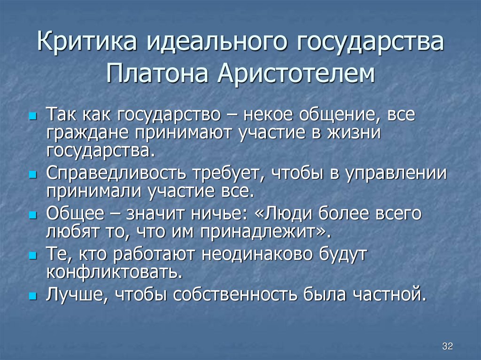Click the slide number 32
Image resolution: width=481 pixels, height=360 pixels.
point(447,346)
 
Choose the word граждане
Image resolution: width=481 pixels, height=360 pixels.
point(88,133)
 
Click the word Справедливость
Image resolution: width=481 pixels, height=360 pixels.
point(116,174)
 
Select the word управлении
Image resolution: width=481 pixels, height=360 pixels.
point(395,174)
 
